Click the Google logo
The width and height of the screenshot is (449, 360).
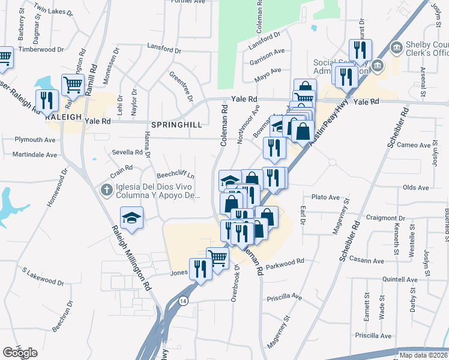(x=20, y=353)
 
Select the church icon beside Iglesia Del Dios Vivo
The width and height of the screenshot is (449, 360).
(x=106, y=190)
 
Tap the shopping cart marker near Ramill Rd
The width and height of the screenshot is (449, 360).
(x=73, y=85)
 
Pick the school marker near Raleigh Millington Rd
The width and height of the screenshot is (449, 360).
(x=131, y=218)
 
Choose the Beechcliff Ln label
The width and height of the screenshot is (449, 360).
(x=176, y=175)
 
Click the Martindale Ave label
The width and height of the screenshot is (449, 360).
(x=35, y=154)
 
